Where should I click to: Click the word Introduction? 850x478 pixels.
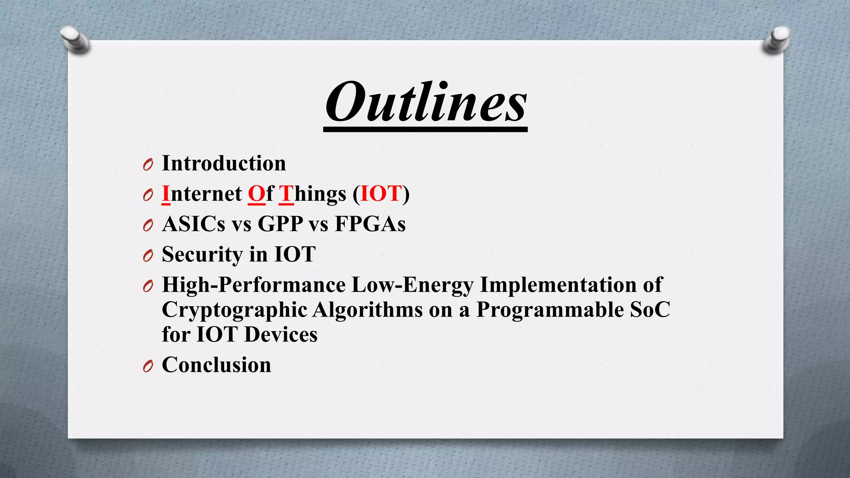[224, 163]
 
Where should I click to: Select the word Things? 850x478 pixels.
[312, 194]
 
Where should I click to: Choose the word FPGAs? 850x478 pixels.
[370, 224]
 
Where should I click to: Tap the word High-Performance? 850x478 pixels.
[253, 285]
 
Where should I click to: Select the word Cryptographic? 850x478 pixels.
[234, 310]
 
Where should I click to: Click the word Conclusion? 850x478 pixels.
[216, 365]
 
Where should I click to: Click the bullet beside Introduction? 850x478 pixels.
[148, 165]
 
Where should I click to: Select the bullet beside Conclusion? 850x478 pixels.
[148, 366]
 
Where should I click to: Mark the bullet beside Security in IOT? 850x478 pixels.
[148, 256]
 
